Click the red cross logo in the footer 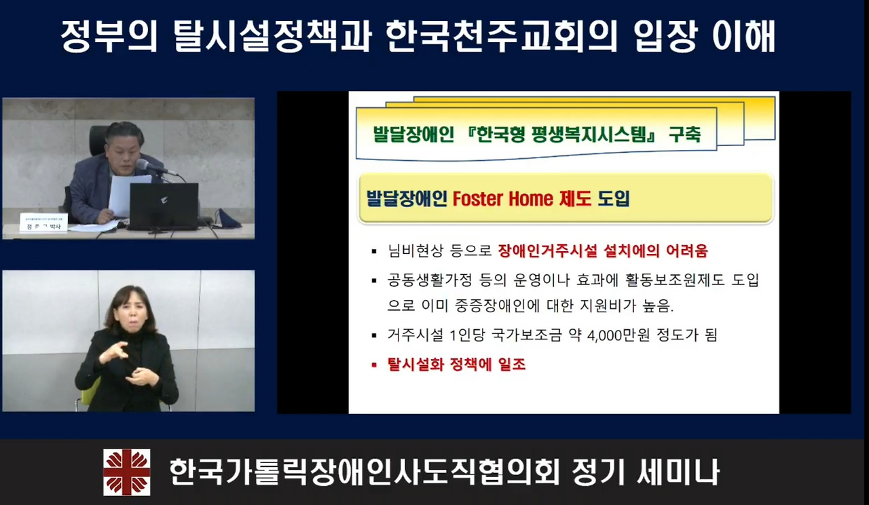pyautogui.click(x=126, y=472)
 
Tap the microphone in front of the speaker pyautogui.click(x=146, y=165)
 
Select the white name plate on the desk pyautogui.click(x=43, y=223)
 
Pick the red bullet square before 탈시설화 pyautogui.click(x=373, y=365)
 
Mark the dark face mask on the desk pyautogui.click(x=228, y=219)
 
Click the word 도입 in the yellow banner pyautogui.click(x=614, y=199)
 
